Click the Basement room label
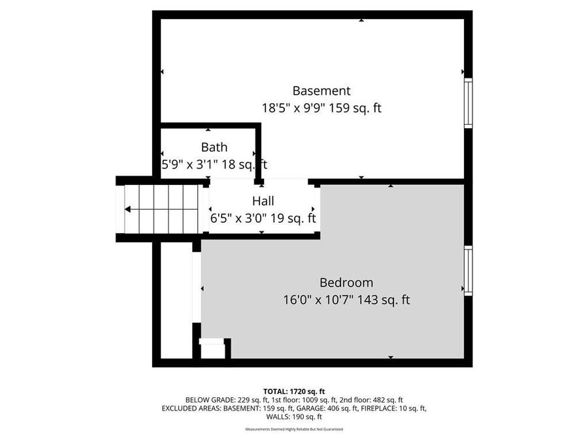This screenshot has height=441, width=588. pyautogui.click(x=321, y=91)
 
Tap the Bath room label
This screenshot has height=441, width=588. pyautogui.click(x=214, y=147)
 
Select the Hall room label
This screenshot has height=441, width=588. pyautogui.click(x=263, y=201)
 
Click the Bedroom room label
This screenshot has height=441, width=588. pyautogui.click(x=346, y=283)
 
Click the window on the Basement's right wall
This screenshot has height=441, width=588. pyautogui.click(x=468, y=103)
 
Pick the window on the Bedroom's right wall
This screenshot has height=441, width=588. pyautogui.click(x=468, y=270)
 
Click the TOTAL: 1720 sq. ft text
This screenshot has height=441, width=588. pyautogui.click(x=293, y=391)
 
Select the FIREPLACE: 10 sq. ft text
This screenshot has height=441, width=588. pyautogui.click(x=395, y=408)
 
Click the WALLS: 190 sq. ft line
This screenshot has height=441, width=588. pyautogui.click(x=293, y=417)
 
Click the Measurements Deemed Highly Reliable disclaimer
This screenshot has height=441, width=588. pyautogui.click(x=293, y=429)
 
